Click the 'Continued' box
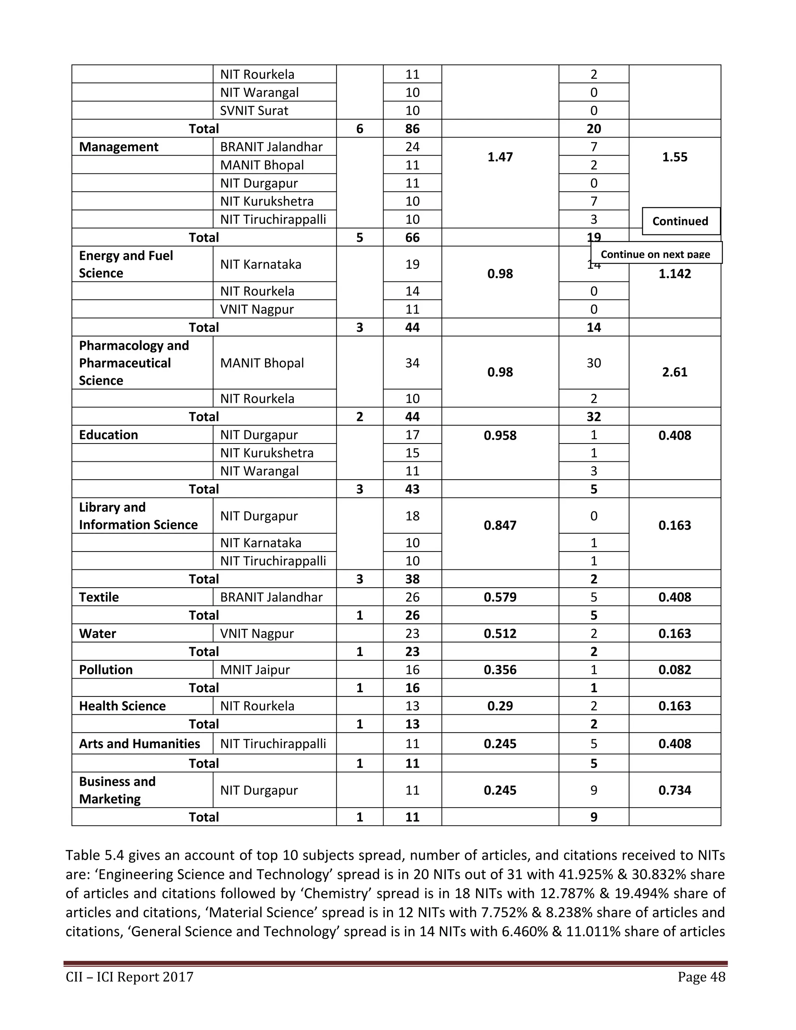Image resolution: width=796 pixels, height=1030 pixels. [681, 221]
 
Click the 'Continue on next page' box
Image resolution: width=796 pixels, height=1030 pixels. [655, 254]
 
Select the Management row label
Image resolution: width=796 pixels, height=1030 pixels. [119, 147]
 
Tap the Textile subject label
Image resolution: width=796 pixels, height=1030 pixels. [99, 597]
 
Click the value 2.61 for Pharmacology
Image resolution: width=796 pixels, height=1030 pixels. [674, 372]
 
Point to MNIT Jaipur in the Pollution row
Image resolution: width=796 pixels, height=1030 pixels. [255, 670]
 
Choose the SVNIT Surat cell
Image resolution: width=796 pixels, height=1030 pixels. [254, 110]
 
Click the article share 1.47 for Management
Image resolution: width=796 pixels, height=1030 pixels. [500, 157]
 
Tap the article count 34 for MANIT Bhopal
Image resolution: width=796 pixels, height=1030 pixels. [412, 363]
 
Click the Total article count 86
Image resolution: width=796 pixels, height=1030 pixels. [412, 129]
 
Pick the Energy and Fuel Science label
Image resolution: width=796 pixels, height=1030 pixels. [126, 264]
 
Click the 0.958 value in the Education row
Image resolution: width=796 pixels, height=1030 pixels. [500, 435]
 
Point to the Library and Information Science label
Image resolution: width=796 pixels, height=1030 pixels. [138, 516]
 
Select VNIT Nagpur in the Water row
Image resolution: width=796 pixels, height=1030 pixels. [257, 634]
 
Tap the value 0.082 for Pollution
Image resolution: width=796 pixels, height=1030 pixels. [674, 670]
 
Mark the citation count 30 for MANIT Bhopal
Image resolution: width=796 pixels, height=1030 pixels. [594, 363]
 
